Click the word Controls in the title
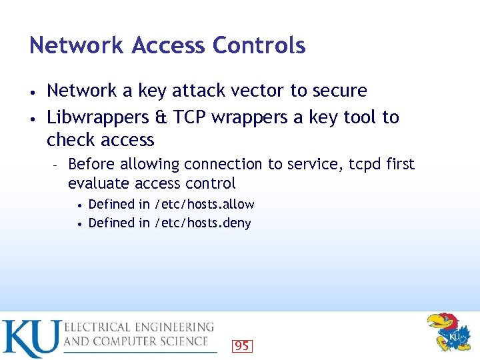click(259, 45)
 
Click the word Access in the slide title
click(169, 45)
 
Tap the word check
click(71, 140)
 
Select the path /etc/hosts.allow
click(204, 204)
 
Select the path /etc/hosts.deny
click(203, 223)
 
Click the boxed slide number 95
click(242, 345)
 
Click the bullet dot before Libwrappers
click(33, 119)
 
